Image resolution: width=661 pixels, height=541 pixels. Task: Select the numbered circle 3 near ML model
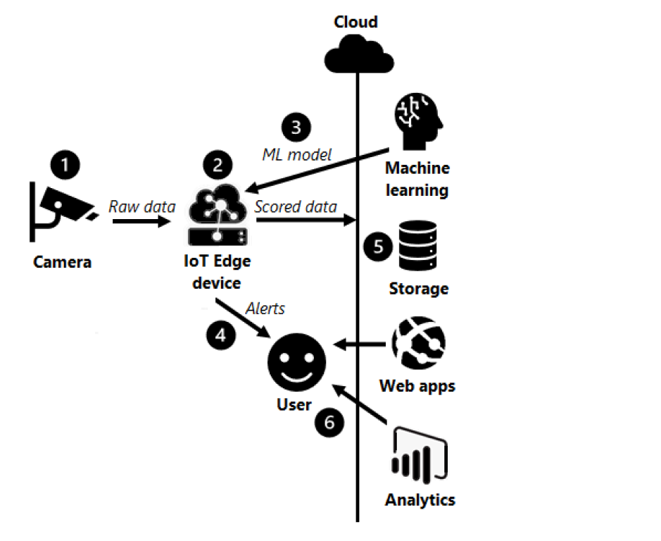296,128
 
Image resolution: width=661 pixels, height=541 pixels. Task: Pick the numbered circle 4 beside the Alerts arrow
221,335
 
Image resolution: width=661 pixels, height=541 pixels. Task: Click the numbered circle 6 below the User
329,422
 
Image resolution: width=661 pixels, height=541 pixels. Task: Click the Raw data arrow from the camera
141,221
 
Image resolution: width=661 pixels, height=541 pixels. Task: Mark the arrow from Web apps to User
360,345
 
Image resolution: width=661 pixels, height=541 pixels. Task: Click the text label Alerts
265,309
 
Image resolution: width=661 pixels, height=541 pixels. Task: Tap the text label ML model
296,154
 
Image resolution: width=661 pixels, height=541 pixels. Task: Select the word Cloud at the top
355,22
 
